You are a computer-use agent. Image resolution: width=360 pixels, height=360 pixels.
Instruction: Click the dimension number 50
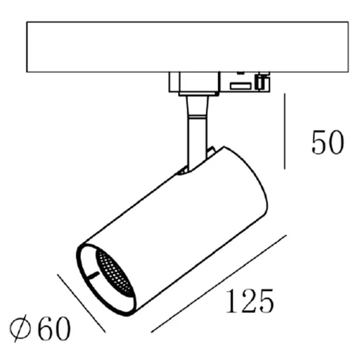point(328,143)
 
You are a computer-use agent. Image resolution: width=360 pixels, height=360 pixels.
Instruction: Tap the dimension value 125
point(249,302)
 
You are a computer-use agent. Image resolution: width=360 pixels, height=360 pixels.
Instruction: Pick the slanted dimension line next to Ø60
point(80,302)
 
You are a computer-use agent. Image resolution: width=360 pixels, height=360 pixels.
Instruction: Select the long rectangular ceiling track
point(187,46)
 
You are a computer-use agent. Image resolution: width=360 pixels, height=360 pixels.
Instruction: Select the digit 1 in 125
point(231,302)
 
